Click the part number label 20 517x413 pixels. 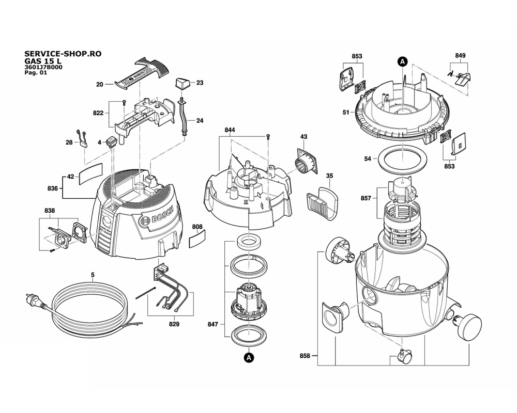coord(100,84)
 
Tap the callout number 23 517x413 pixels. coord(200,83)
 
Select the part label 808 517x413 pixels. coord(197,227)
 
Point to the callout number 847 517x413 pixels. coord(212,324)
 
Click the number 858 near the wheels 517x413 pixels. coord(305,356)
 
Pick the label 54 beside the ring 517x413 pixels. coord(368,158)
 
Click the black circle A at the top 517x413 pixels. coord(403,61)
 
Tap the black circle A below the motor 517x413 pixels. coord(249,358)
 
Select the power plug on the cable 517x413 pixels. coord(34,301)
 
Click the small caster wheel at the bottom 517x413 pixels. coord(404,355)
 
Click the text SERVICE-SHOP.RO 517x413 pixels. coord(63,54)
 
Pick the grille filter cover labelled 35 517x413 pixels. coord(323,202)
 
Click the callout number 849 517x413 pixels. coord(460,56)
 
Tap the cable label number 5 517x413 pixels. coord(93,274)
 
